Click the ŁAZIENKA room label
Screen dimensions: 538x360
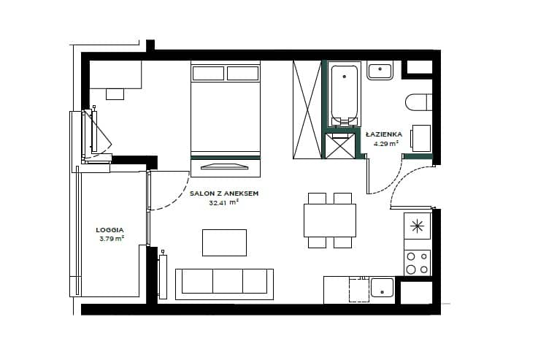click(383, 134)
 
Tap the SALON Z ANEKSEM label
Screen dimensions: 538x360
click(224, 194)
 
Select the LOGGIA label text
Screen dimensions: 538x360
click(109, 230)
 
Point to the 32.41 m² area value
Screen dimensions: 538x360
click(223, 202)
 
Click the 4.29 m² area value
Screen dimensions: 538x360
click(386, 143)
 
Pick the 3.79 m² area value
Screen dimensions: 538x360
click(112, 239)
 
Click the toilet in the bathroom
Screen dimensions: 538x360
click(418, 102)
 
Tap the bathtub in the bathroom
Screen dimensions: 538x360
click(344, 93)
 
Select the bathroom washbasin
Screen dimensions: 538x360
click(380, 70)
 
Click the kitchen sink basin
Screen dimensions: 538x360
click(382, 287)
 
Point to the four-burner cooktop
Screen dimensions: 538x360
click(418, 263)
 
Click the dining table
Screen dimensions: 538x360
click(330, 221)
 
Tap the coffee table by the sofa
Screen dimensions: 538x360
click(224, 242)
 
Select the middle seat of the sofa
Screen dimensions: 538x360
click(228, 281)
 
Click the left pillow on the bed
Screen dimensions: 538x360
click(208, 74)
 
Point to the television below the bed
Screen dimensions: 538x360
click(225, 166)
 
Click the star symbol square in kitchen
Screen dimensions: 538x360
click(418, 226)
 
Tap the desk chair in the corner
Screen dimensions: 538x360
click(115, 93)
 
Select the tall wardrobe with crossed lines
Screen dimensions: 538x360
click(307, 110)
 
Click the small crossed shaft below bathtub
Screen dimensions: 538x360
click(340, 146)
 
